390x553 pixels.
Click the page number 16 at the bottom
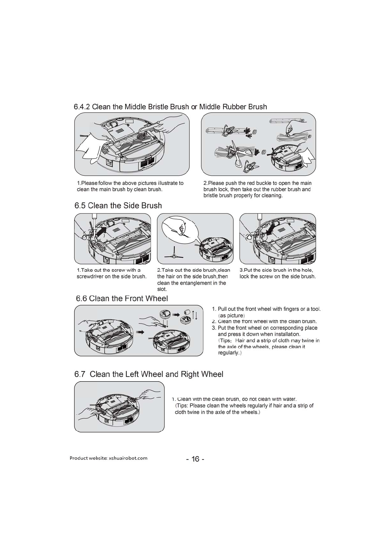pos(195,459)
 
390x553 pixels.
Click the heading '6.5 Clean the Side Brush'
pos(118,206)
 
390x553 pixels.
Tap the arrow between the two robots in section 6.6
pos(140,332)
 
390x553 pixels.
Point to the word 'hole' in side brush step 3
pos(306,270)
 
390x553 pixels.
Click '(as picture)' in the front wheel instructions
pos(231,316)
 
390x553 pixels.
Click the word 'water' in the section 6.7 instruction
pos(289,399)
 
